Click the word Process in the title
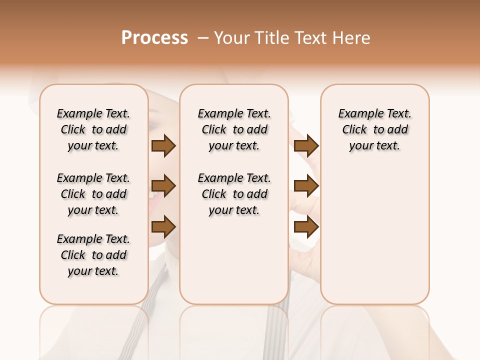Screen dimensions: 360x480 point(154,38)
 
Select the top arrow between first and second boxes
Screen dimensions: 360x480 point(163,146)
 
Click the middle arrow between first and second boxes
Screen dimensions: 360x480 point(163,186)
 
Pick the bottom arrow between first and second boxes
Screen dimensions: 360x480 point(163,226)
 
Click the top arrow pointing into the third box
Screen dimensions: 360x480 point(306,146)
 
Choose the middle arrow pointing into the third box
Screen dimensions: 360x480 point(306,186)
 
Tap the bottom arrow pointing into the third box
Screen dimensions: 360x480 point(306,226)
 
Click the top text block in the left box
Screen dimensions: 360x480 point(93,129)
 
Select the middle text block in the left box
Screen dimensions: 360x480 point(93,194)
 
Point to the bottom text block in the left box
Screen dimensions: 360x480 point(93,255)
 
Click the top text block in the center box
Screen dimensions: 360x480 point(234,129)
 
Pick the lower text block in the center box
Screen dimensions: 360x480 point(234,194)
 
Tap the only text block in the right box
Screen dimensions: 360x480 point(374,129)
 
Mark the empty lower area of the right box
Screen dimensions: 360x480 point(374,235)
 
